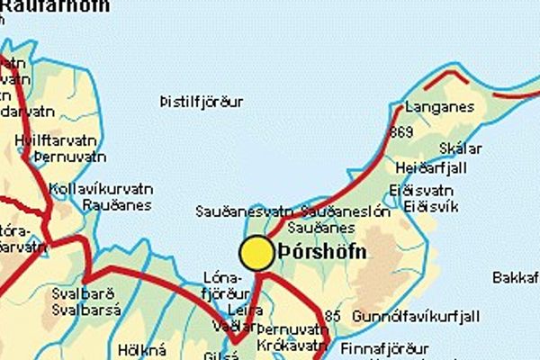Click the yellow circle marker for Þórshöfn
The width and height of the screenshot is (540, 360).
[x=257, y=253]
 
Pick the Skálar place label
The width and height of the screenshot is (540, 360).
[x=461, y=148]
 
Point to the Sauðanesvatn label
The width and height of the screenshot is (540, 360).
[x=244, y=211]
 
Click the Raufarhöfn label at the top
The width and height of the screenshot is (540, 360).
[x=55, y=5]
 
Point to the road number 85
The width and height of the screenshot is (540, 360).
[x=333, y=316]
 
